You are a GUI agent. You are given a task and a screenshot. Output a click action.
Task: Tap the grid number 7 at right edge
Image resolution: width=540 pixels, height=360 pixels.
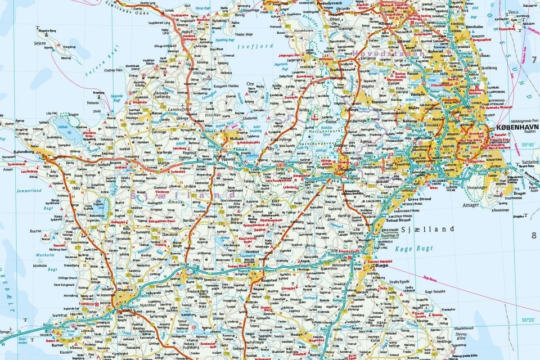pyautogui.click(x=534, y=58)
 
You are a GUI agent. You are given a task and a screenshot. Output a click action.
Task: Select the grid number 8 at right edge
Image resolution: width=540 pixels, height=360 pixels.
pyautogui.click(x=534, y=235)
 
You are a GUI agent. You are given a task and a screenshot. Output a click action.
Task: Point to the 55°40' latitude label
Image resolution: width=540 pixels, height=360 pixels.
pyautogui.click(x=528, y=145)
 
